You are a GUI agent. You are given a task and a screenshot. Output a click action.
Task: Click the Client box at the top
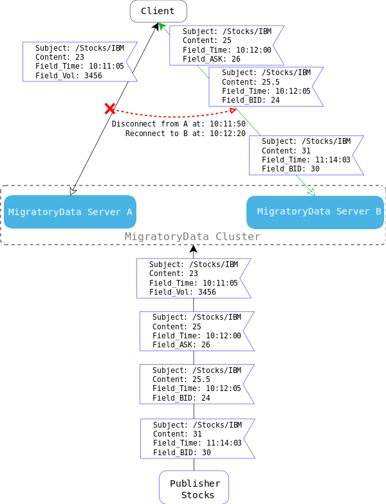(158, 11)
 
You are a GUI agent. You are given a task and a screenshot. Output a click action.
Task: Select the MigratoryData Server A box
(70, 212)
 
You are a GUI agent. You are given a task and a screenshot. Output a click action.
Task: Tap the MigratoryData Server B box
(315, 212)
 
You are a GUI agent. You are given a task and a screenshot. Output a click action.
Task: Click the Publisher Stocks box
(194, 487)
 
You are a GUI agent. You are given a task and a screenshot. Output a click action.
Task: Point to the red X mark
(110, 109)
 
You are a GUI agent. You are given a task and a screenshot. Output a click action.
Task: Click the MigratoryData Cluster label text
(192, 237)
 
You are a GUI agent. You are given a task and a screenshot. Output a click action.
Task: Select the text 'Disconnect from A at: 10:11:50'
(179, 123)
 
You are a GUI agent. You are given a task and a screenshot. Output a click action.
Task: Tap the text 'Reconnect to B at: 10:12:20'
(185, 134)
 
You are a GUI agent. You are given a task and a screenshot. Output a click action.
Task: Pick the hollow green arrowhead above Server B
(311, 191)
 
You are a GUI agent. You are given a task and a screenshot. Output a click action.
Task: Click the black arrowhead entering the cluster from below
(193, 248)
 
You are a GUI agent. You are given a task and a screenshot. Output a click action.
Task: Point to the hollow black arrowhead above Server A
(73, 191)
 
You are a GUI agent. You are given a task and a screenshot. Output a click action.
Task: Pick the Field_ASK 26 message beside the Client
(226, 45)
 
